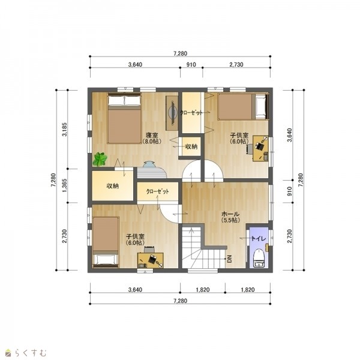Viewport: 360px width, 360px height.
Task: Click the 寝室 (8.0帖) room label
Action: [x=152, y=138]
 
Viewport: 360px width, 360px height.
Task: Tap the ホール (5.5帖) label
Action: [x=230, y=217]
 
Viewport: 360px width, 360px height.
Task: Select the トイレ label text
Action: [x=259, y=238]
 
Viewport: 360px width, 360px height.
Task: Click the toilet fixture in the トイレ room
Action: [x=259, y=258]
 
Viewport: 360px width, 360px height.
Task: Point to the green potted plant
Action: [x=100, y=159]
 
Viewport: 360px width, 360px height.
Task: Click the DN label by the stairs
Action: [x=229, y=259]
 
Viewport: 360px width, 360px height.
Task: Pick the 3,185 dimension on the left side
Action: [x=65, y=130]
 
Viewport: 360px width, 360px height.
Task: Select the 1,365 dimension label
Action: [x=65, y=185]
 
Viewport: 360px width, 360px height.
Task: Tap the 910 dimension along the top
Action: [x=191, y=65]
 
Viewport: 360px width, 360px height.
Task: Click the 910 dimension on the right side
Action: [x=289, y=191]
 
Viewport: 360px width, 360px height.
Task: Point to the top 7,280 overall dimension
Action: [x=180, y=53]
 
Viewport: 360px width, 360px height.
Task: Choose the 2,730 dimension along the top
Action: [x=236, y=65]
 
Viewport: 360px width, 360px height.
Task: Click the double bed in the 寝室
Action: [x=124, y=118]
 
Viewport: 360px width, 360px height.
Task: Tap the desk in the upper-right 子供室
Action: [x=260, y=149]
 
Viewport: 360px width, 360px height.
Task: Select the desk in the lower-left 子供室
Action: [x=151, y=260]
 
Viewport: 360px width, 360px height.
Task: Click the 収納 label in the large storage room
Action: [x=113, y=186]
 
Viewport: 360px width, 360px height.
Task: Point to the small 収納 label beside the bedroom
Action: [x=191, y=146]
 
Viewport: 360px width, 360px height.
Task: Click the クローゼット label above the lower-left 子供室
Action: [x=158, y=191]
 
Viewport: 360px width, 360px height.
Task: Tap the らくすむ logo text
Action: [x=31, y=353]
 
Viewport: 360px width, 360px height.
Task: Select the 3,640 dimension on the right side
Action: [x=289, y=135]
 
